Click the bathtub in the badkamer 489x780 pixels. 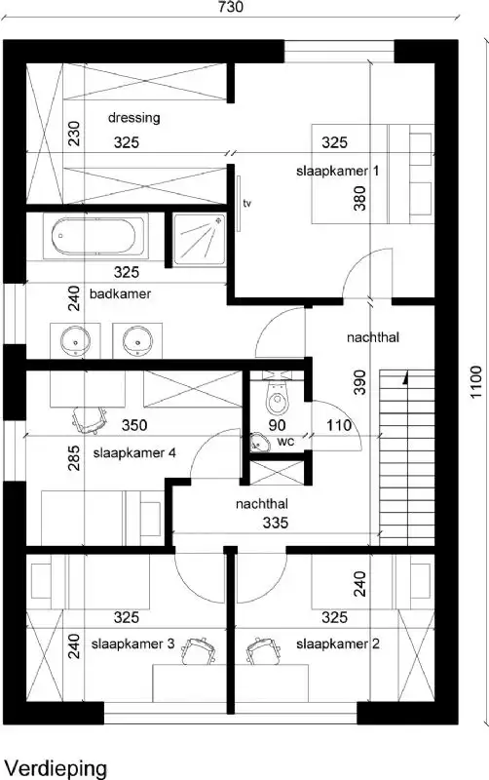click(97, 235)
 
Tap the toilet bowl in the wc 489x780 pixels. click(278, 400)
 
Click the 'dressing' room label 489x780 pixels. click(134, 118)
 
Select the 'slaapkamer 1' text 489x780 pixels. click(338, 171)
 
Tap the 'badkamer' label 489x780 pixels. click(120, 293)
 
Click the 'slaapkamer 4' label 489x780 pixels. click(134, 452)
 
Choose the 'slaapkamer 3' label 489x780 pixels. click(132, 644)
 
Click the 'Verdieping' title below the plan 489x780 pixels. click(56, 768)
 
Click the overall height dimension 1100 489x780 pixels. click(475, 382)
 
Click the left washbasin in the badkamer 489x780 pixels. click(75, 341)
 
